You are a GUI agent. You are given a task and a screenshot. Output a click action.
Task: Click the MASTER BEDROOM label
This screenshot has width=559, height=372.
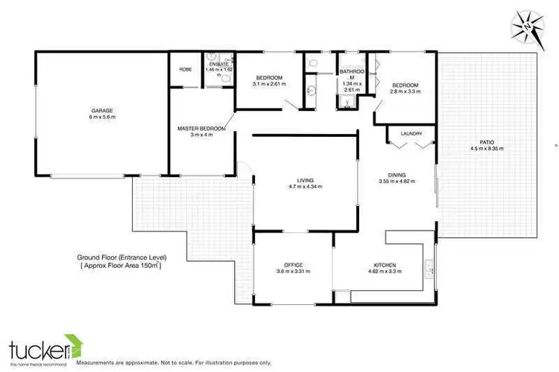202,128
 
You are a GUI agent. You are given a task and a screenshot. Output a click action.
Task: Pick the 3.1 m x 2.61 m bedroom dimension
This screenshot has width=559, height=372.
268,84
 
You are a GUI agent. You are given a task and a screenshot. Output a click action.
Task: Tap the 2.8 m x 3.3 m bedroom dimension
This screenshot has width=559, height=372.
405,92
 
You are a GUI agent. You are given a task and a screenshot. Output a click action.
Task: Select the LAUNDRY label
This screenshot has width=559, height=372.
411,134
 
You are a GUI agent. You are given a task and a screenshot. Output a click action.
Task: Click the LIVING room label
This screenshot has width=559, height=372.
304,179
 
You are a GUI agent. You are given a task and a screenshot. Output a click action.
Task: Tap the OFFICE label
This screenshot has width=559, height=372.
292,264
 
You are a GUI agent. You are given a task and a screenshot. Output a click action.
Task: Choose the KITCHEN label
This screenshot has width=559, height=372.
385,265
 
